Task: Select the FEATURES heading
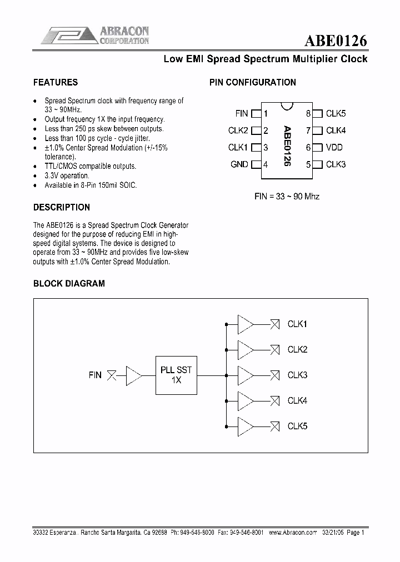(x=56, y=82)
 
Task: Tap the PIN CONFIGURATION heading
(x=252, y=82)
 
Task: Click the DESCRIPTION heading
(x=62, y=207)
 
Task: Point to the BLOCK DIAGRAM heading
(x=69, y=283)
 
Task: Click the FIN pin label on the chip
(x=242, y=113)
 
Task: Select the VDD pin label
(x=334, y=148)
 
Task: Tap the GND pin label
(x=239, y=164)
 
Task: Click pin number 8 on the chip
(x=308, y=114)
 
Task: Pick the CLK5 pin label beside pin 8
(x=336, y=113)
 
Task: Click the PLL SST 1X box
(x=176, y=375)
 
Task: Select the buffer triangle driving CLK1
(x=245, y=324)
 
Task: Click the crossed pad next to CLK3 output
(x=274, y=375)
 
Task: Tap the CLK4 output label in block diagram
(x=297, y=400)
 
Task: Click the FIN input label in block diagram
(x=95, y=375)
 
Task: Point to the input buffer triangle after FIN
(x=133, y=375)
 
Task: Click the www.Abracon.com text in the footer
(x=293, y=532)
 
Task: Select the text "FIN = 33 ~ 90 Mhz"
(x=287, y=196)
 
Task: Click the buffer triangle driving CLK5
(x=245, y=426)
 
